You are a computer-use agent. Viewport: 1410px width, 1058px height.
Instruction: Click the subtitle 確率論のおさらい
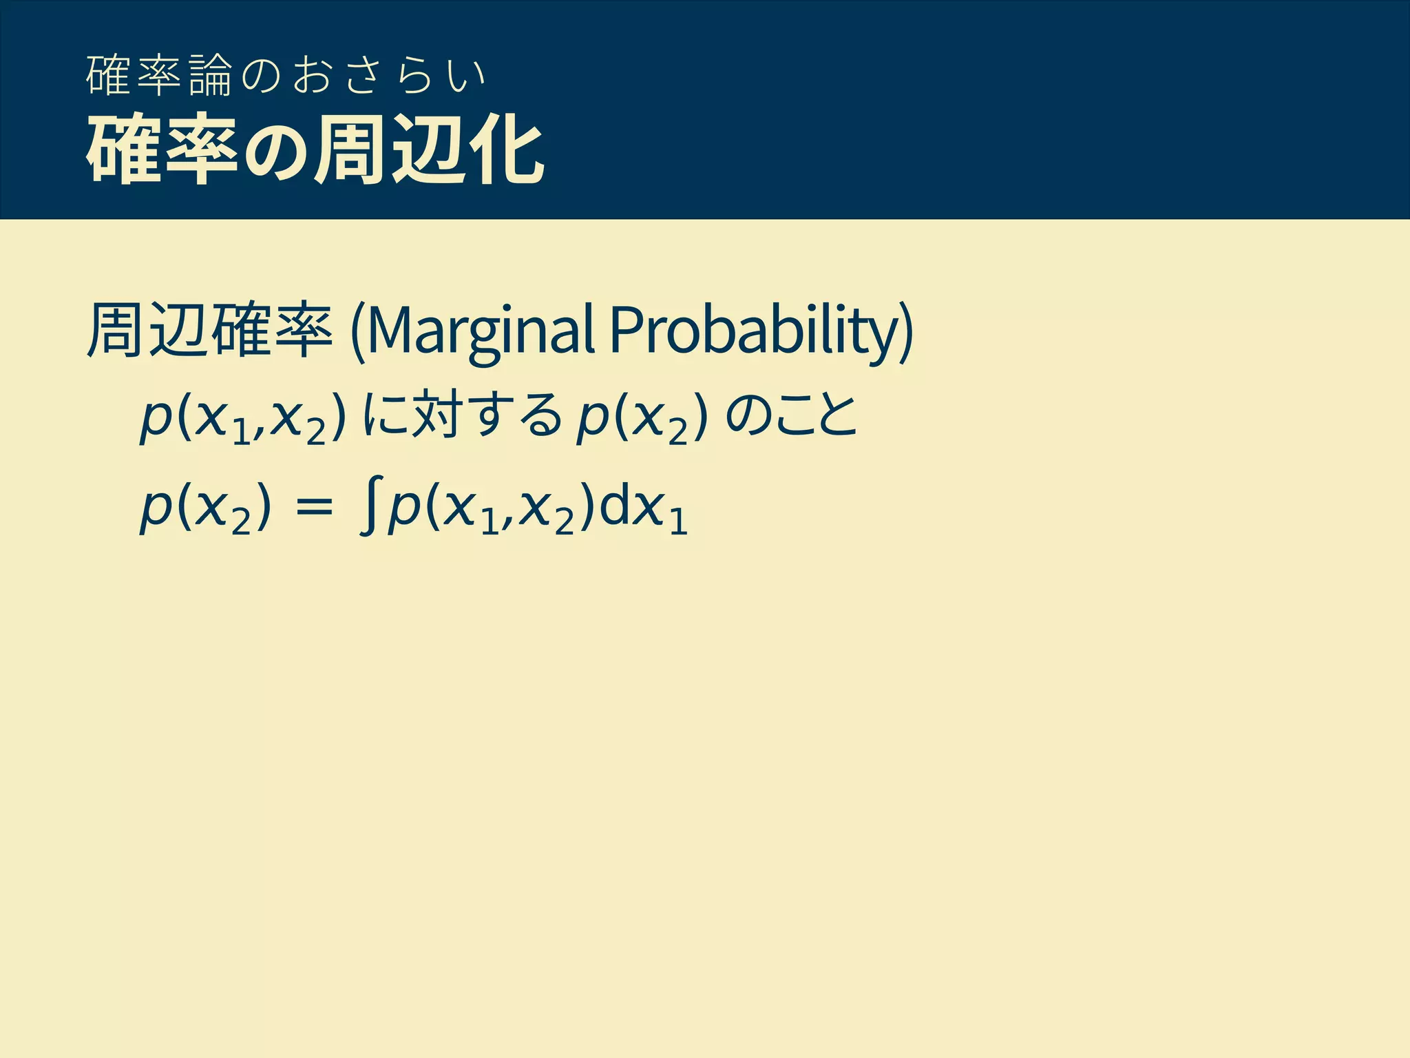click(286, 76)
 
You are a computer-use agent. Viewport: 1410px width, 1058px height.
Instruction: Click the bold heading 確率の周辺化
click(315, 150)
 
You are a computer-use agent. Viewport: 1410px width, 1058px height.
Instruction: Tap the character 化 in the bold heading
click(507, 150)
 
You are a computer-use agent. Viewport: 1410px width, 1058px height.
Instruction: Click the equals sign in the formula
click(313, 510)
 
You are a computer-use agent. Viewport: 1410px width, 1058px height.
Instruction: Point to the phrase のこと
click(792, 417)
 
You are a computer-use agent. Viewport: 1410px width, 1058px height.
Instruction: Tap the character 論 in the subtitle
click(211, 76)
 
